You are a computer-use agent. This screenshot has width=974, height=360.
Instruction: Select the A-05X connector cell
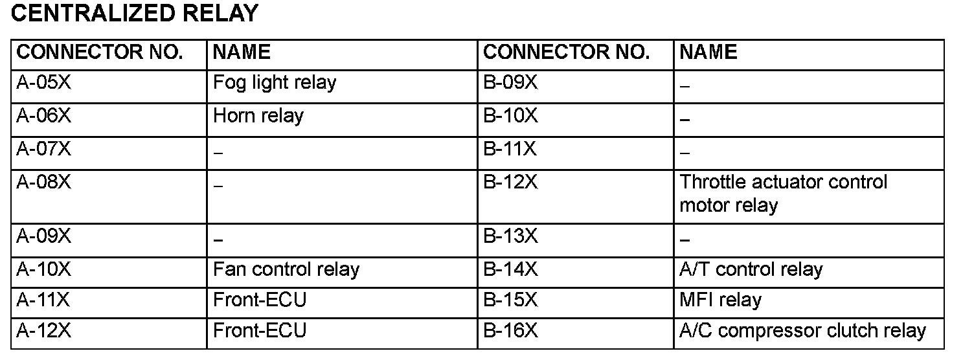(x=43, y=83)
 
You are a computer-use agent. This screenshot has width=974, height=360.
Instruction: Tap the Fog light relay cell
(x=275, y=83)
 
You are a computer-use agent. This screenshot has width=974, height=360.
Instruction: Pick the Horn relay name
(x=258, y=117)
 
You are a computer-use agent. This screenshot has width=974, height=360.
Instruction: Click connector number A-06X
(x=43, y=117)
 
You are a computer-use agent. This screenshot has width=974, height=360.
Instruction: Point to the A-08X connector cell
(x=43, y=184)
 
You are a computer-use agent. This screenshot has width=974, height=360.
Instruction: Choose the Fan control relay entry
(x=286, y=269)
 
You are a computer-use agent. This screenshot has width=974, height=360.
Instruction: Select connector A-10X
(x=43, y=269)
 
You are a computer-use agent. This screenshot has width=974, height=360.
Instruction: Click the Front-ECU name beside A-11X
(x=259, y=300)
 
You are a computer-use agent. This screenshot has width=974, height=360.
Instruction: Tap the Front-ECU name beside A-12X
(x=259, y=331)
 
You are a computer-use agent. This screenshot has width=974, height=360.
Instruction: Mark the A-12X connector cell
(x=43, y=331)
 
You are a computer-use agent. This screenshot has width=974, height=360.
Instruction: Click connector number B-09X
(x=510, y=83)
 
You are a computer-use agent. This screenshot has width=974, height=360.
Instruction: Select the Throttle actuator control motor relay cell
(x=782, y=194)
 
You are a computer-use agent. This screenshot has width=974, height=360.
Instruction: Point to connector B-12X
(x=510, y=183)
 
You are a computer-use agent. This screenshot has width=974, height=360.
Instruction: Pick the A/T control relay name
(x=751, y=269)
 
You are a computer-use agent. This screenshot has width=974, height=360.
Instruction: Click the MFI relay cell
(x=720, y=300)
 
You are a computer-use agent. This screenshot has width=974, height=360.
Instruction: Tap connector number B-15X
(x=510, y=300)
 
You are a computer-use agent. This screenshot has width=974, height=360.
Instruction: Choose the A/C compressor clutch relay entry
(x=802, y=331)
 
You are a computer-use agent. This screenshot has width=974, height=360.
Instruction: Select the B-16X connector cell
(x=510, y=331)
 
